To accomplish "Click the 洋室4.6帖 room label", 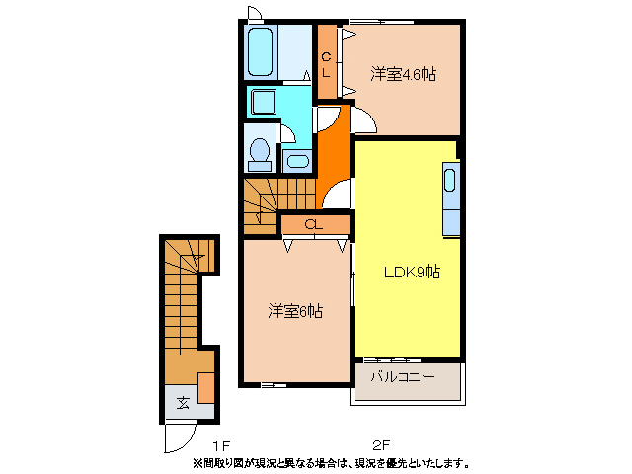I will [404, 74].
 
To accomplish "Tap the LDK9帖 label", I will [412, 273].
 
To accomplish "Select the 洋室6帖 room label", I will [295, 312].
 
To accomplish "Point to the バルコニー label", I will [402, 377].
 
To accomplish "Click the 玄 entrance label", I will [184, 402].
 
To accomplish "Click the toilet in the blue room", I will [260, 153].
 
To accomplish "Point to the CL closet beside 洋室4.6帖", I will [327, 61].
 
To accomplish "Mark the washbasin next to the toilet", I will [295, 160].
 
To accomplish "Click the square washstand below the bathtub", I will [264, 102].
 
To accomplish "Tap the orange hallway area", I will [332, 148].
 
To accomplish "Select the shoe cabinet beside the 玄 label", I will [206, 387].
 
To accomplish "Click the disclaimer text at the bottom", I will [330, 462].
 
